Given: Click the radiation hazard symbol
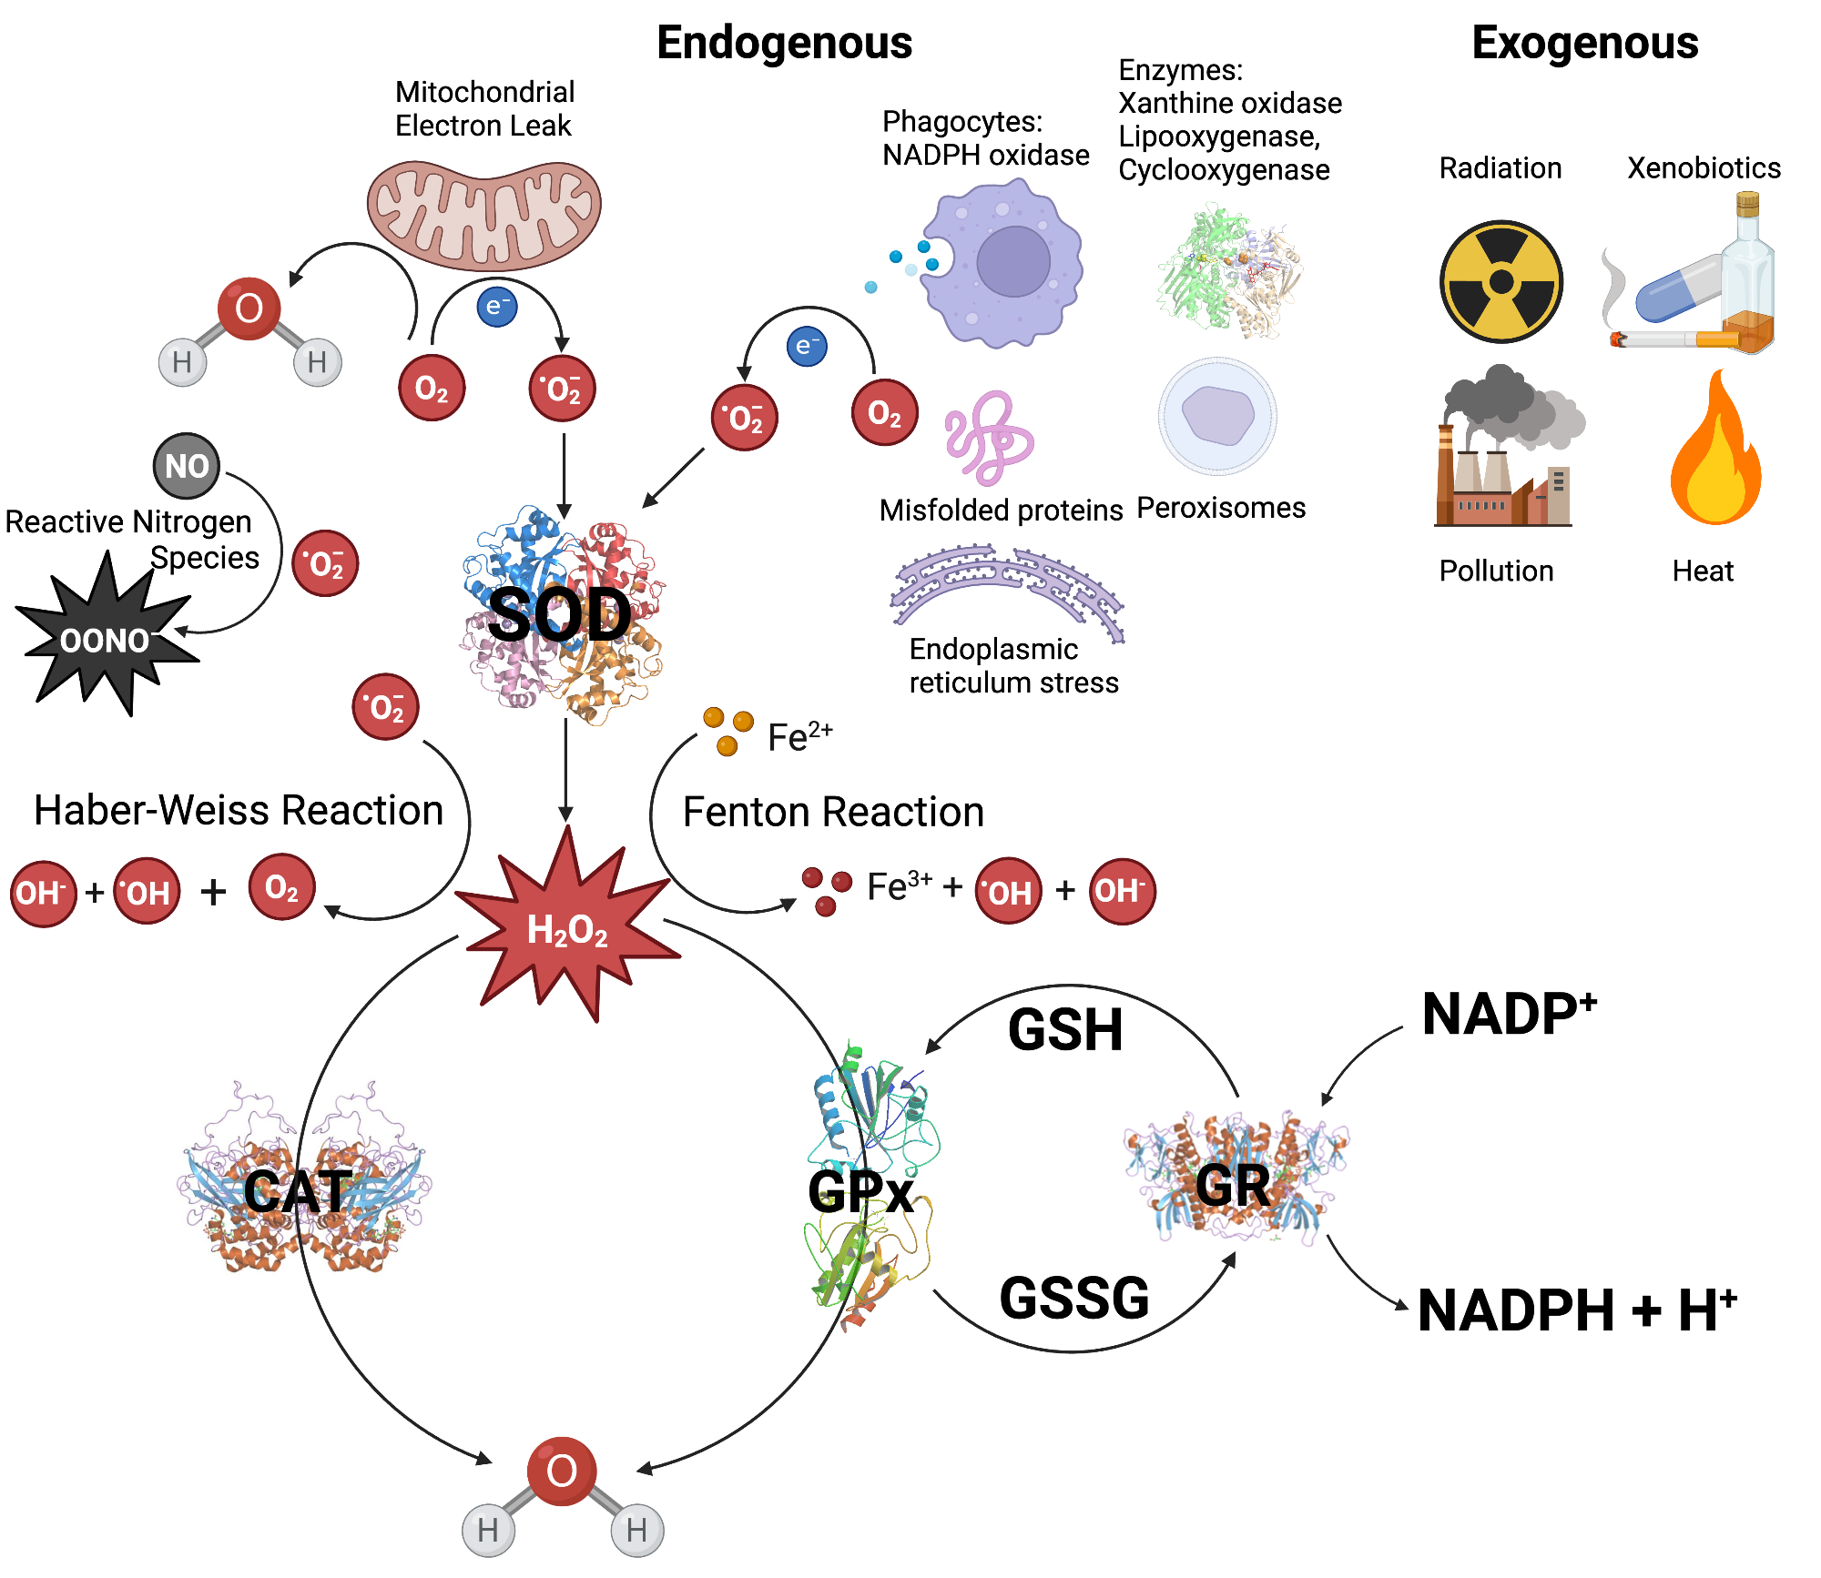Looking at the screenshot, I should coord(1501,282).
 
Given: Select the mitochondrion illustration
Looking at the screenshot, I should coord(483,215).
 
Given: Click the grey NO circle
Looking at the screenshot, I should coord(187,466).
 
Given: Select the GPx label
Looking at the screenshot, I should coord(860,1192).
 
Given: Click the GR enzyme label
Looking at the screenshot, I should coord(1233,1186).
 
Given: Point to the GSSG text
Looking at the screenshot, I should coord(1074,1299).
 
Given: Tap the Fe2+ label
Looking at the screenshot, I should coord(799,736).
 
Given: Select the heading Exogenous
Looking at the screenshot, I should coord(1584,43).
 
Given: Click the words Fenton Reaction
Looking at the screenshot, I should coord(833,812).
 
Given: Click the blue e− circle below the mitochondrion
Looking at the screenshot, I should coord(497,307).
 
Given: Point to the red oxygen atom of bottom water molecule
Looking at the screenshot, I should coord(562,1471).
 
